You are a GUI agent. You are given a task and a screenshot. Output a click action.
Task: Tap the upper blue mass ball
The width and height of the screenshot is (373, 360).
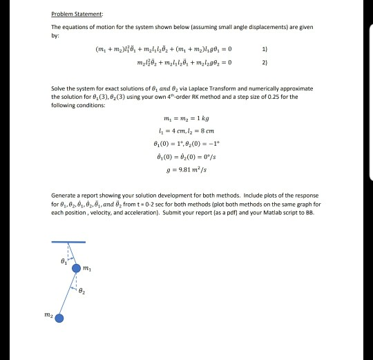coord(77,268)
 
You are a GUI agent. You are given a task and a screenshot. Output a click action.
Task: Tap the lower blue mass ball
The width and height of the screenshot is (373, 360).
coord(59,319)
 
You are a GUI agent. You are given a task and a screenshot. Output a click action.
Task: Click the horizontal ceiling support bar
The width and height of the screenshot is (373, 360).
coord(68,242)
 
